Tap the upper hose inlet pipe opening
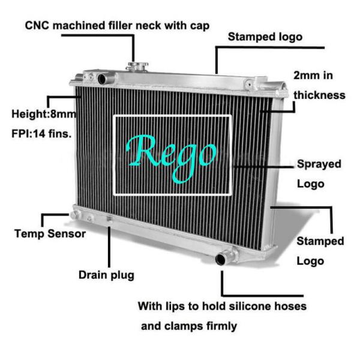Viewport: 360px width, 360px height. pyautogui.click(x=102, y=79)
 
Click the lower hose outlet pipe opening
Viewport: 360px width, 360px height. pyautogui.click(x=221, y=259)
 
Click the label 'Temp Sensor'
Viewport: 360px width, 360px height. pyautogui.click(x=50, y=233)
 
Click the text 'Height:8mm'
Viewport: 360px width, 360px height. pyautogui.click(x=41, y=113)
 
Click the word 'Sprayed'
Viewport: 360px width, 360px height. pyautogui.click(x=319, y=164)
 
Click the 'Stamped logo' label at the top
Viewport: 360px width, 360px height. pyautogui.click(x=265, y=37)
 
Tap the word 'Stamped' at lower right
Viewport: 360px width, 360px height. pyautogui.click(x=320, y=241)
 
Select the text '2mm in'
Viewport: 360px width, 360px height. pyautogui.click(x=313, y=76)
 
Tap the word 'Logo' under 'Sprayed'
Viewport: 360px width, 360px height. pyautogui.click(x=310, y=184)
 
